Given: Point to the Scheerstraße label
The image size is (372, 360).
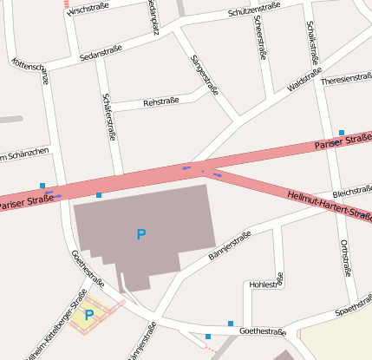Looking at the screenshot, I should click(x=261, y=38).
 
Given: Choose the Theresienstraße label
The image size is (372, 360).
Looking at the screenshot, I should click(x=346, y=79).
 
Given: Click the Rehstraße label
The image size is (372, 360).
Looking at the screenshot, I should click(x=160, y=101).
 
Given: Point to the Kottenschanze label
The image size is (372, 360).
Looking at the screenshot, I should click(x=30, y=76).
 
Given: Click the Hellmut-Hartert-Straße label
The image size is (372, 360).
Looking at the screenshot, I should click(x=328, y=205).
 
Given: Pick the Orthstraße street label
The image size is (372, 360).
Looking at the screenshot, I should click(x=345, y=256).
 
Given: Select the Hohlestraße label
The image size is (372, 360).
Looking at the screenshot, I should click(x=265, y=284).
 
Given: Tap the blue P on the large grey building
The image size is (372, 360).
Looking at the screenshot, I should click(x=141, y=233).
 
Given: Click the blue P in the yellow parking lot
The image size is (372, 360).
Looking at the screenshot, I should click(x=88, y=315).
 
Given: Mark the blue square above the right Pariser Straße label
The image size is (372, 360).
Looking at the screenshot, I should click(x=342, y=133).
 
